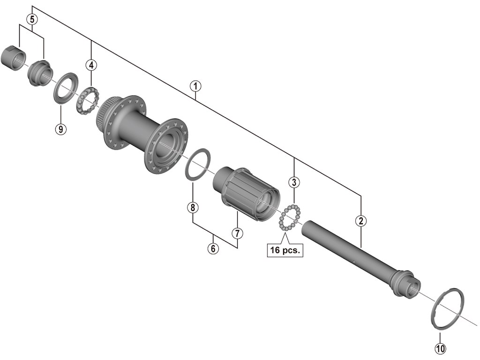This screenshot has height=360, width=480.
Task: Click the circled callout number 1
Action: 195,86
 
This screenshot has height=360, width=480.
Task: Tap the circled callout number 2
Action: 360,221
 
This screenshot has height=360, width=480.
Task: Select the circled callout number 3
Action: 294,181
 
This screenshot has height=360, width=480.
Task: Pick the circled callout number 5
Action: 31,19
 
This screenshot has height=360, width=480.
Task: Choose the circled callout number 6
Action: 213,248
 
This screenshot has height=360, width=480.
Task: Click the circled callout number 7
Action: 237,232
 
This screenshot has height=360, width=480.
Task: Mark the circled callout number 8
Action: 193,207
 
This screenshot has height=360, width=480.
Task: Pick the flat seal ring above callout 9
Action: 65,87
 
